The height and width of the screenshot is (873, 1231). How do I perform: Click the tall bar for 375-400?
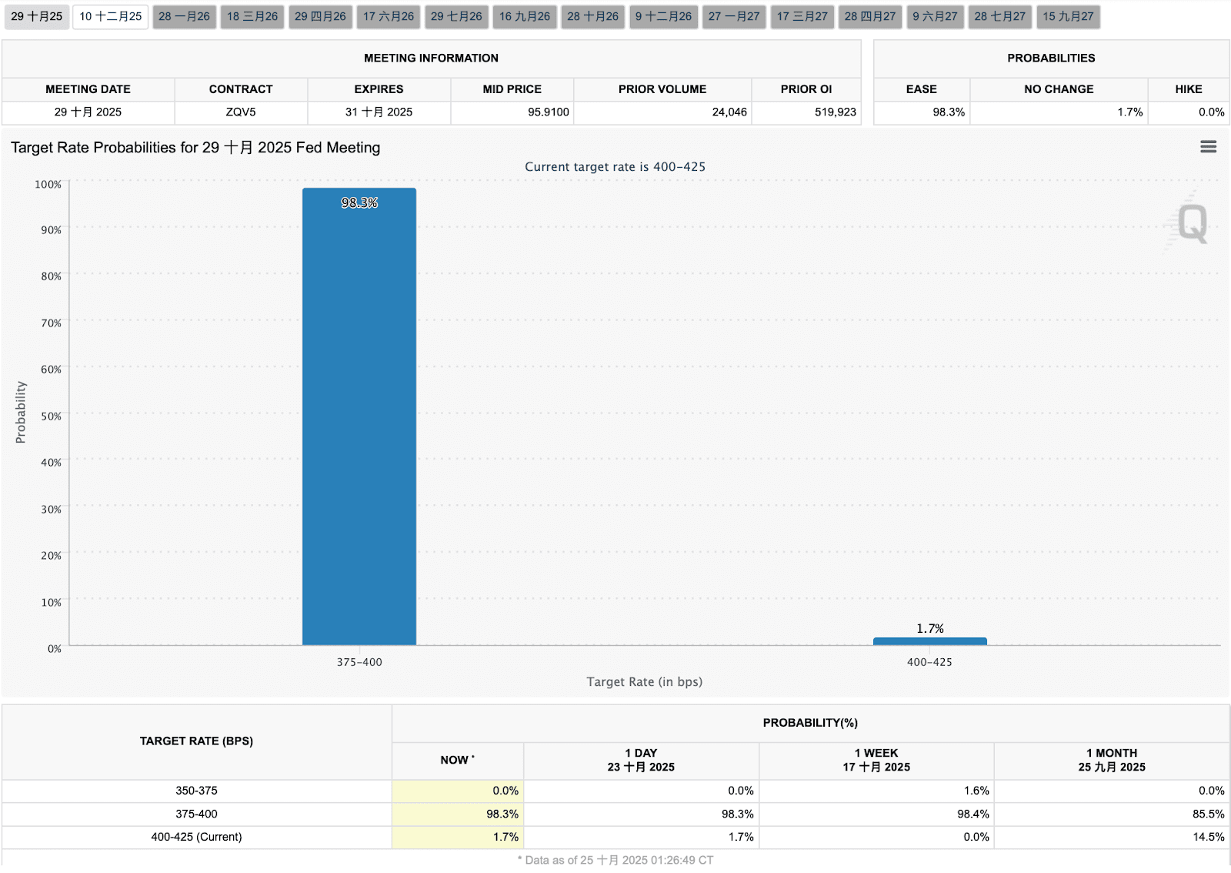tap(359, 416)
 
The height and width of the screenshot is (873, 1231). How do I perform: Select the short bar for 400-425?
tap(929, 641)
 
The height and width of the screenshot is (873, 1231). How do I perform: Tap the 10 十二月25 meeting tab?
tap(111, 16)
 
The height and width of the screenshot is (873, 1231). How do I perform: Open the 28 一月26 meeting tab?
tap(184, 16)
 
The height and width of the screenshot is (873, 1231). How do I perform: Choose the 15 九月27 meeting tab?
tap(1068, 16)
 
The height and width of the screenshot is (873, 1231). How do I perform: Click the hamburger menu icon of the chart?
tap(1208, 146)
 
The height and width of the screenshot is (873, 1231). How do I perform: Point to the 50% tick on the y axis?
tap(51, 416)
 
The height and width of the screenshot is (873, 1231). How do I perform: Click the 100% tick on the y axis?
tap(48, 184)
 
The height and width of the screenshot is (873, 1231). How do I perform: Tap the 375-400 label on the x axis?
tap(359, 662)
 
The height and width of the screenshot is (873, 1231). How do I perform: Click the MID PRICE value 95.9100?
tap(548, 112)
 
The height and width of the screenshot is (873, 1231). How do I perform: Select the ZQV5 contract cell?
tap(241, 112)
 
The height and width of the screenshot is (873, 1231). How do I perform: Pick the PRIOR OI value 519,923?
tap(835, 112)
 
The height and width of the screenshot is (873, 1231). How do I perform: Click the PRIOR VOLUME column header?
tap(662, 89)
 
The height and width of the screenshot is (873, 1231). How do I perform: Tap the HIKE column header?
tap(1188, 89)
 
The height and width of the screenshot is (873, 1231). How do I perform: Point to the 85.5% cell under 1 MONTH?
tap(1208, 814)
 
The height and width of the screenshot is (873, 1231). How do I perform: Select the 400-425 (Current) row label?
tap(196, 837)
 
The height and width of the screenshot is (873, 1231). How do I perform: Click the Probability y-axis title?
tap(21, 412)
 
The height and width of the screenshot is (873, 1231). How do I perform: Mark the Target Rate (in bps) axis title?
tap(644, 682)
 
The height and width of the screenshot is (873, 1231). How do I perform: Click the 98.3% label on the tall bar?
tap(359, 202)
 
